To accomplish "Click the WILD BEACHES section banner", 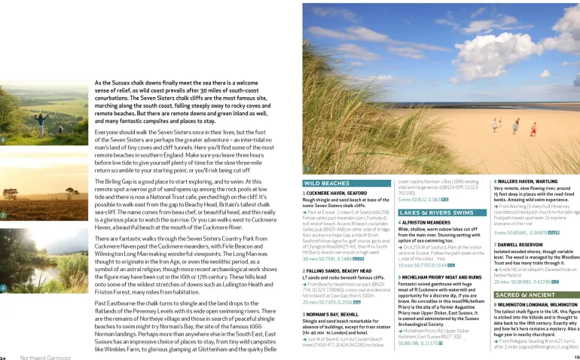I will pyautogui.click(x=326, y=183).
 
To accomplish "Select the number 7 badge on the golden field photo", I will pyautogui.click(x=4, y=215).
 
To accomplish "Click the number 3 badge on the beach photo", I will pyautogui.click(x=307, y=169).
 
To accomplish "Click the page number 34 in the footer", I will pyautogui.click(x=4, y=357).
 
